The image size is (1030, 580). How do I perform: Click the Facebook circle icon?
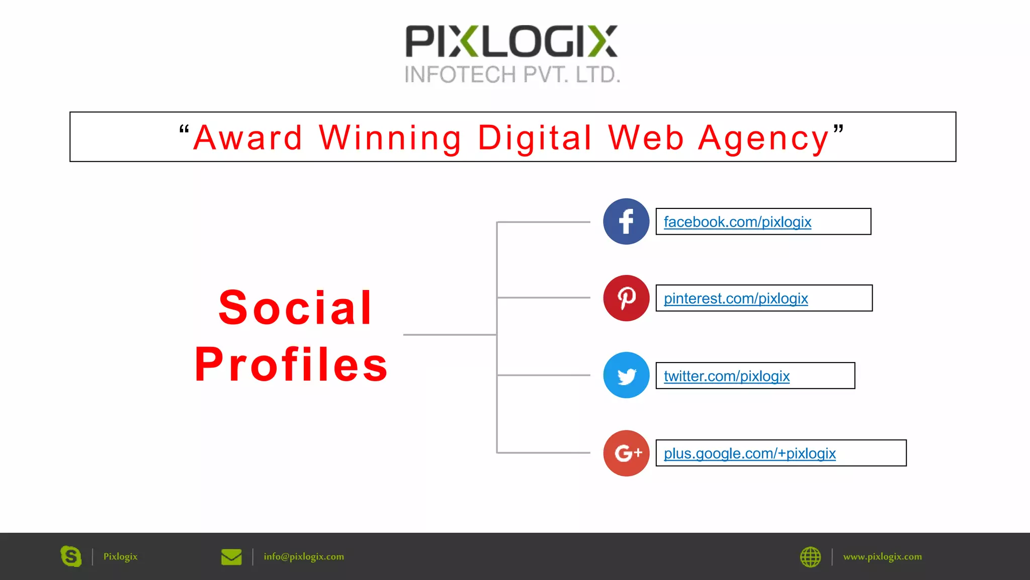click(x=626, y=222)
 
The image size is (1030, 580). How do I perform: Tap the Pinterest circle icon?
click(x=626, y=298)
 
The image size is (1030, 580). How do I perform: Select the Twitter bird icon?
click(x=626, y=376)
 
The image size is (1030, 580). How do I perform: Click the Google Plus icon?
click(x=626, y=453)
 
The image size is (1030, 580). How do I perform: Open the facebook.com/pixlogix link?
click(x=737, y=222)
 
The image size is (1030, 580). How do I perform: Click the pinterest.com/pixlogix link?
click(x=736, y=299)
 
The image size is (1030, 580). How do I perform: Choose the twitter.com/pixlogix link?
click(x=727, y=376)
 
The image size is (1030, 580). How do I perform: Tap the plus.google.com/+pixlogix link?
click(x=749, y=454)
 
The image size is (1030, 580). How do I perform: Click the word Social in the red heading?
click(x=296, y=308)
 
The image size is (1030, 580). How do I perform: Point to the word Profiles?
click(x=292, y=365)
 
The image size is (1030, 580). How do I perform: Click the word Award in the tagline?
click(x=248, y=138)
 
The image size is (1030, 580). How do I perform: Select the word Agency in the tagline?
click(x=763, y=139)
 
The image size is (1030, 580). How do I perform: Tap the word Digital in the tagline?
click(x=535, y=138)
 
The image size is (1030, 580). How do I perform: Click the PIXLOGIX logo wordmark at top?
click(x=511, y=41)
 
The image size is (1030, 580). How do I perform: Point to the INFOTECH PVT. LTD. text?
click(x=512, y=75)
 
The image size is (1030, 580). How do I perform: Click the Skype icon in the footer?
click(x=71, y=556)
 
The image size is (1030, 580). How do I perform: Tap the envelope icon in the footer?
click(x=231, y=557)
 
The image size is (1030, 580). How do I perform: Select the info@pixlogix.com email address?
click(x=304, y=557)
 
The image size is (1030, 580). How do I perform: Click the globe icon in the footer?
click(x=810, y=557)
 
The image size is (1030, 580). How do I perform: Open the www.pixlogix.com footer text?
click(x=882, y=557)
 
